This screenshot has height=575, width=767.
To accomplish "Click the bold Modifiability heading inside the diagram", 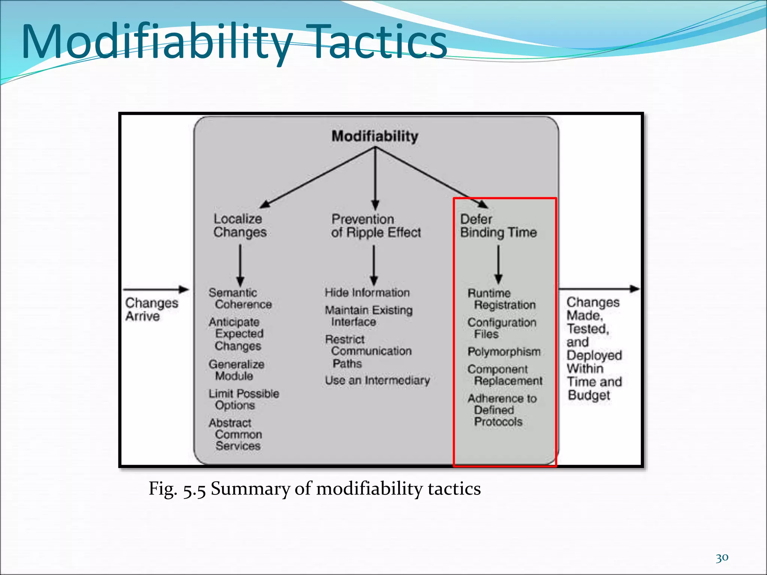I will (375, 136).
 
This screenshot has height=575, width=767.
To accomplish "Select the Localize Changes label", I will (240, 225).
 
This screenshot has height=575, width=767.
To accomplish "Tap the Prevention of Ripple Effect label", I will (376, 226).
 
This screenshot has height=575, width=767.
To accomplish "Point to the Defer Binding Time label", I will (498, 226).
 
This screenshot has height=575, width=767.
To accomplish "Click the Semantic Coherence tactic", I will (240, 298).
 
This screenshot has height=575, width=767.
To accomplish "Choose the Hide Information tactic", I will (367, 292).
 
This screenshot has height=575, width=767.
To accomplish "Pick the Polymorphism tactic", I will (504, 352).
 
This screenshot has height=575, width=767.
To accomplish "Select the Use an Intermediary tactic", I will (377, 380).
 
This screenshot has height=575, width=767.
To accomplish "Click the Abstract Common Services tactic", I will (236, 434).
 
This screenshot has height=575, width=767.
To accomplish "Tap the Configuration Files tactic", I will (501, 328).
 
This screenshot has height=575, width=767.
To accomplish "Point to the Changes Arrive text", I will (151, 309).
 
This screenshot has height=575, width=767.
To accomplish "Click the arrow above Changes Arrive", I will (156, 289).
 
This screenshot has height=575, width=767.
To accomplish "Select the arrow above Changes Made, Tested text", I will (598, 289).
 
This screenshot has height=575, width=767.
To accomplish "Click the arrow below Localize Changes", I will (240, 265).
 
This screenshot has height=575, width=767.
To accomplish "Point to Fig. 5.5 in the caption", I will (177, 489).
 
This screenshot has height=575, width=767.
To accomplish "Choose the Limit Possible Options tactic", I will (244, 399).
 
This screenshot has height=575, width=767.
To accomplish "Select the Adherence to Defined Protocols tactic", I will (501, 410).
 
